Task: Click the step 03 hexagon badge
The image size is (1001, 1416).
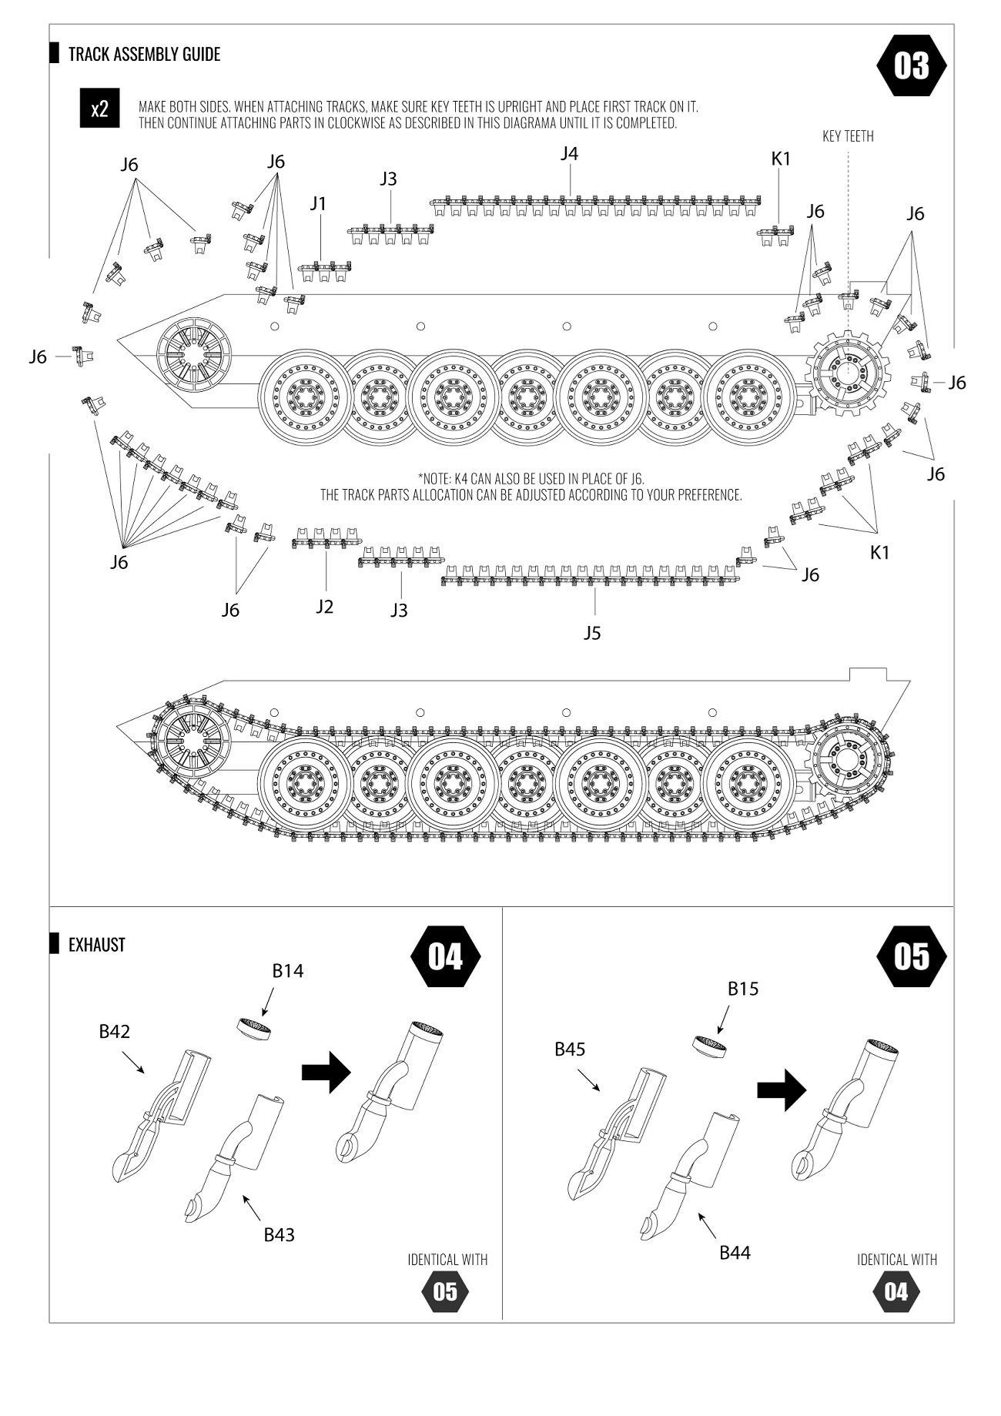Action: (912, 66)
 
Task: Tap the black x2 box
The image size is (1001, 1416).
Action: (99, 109)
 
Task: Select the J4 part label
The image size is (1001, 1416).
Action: (569, 154)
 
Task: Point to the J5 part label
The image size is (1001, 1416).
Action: (591, 633)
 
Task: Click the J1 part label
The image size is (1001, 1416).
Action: (318, 204)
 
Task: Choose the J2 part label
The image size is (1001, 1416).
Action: (324, 607)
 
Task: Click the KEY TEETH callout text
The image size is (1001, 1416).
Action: (848, 136)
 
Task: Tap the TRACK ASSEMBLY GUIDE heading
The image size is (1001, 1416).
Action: (144, 54)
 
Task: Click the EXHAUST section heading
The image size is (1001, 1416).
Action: (96, 945)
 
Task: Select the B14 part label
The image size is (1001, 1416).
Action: (288, 971)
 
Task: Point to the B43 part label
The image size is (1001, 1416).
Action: (279, 1235)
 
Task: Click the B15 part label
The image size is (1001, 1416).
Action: (743, 989)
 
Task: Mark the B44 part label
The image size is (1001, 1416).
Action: (735, 1253)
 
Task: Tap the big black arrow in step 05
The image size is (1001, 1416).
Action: (781, 1090)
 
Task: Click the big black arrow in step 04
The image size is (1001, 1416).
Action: (326, 1072)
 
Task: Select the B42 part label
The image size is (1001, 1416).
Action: (114, 1032)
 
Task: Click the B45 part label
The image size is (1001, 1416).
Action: (570, 1049)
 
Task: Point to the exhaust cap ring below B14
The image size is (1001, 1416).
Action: (253, 1028)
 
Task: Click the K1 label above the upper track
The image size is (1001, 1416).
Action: (781, 159)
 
